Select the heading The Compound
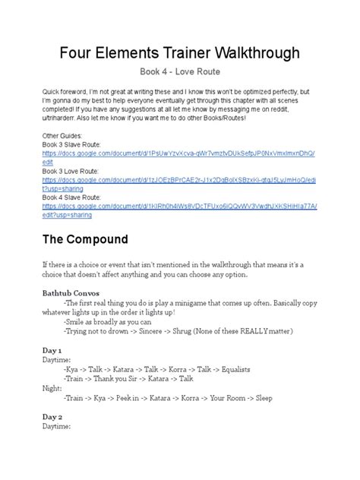pos(90,239)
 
